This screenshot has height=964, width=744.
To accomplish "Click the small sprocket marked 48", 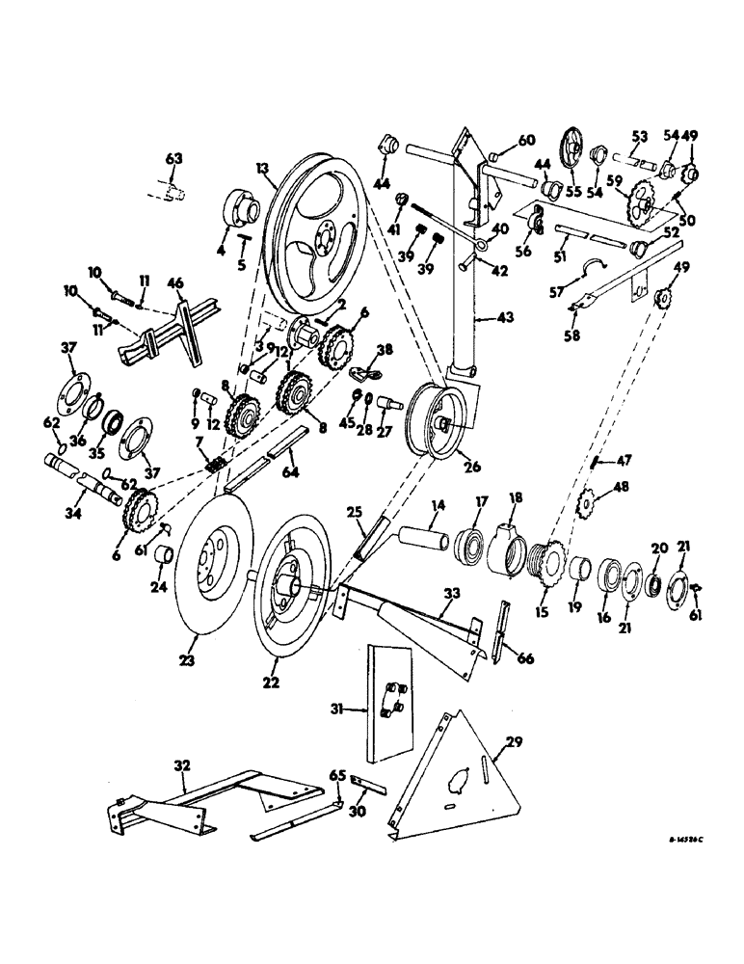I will (582, 504).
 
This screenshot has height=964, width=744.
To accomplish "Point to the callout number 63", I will (173, 158).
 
